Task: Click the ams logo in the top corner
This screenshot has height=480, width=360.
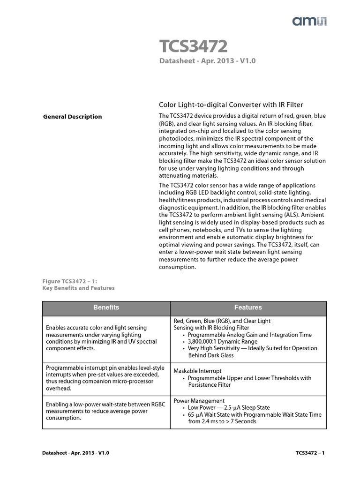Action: click(310, 21)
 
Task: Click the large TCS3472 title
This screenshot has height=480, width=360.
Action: click(194, 47)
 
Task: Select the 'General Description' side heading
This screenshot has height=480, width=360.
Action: click(72, 117)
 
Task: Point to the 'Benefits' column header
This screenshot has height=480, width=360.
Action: click(106, 307)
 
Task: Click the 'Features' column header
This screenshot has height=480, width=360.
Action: click(248, 307)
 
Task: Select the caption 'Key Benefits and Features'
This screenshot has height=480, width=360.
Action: click(78, 288)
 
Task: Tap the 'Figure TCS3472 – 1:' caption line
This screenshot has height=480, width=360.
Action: click(70, 281)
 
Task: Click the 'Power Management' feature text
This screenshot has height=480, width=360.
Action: click(199, 401)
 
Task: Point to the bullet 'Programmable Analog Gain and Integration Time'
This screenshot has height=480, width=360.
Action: click(249, 335)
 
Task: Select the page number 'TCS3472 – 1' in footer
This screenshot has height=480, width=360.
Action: click(310, 453)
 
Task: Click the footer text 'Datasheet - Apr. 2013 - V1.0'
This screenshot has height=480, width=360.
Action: click(75, 453)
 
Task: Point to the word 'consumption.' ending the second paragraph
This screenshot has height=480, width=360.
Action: click(177, 267)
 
